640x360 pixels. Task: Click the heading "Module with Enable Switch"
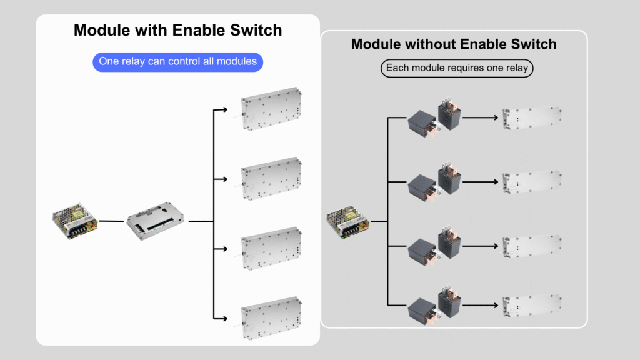(177, 30)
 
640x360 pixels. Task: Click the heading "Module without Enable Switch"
(454, 44)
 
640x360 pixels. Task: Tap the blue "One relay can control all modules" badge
(177, 62)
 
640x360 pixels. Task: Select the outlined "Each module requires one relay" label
(457, 68)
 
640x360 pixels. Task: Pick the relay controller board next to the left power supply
(156, 219)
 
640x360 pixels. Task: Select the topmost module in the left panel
(272, 108)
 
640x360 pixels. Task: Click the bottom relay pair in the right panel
(435, 306)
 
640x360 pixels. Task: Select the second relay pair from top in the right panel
(435, 182)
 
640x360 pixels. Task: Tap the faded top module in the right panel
(532, 117)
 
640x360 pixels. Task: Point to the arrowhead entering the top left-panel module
(224, 111)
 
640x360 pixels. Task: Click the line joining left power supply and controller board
(111, 221)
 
